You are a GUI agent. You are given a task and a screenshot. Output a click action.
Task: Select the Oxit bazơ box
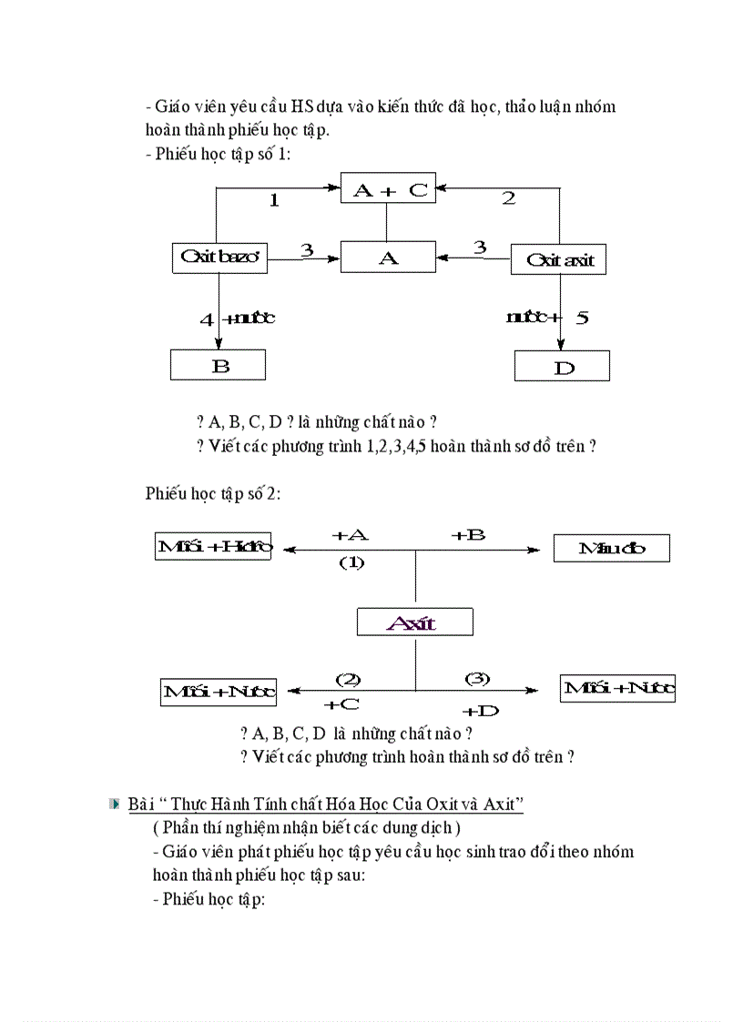220,258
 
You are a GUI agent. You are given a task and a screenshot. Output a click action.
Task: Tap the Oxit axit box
559,259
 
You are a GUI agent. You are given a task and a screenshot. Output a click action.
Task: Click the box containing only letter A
388,258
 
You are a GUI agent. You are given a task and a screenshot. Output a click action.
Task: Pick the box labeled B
219,366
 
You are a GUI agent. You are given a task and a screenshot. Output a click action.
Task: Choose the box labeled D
562,367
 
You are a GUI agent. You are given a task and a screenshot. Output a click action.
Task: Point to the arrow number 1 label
274,200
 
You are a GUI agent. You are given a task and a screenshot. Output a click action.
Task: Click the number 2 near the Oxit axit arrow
509,197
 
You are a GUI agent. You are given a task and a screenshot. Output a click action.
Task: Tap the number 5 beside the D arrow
583,318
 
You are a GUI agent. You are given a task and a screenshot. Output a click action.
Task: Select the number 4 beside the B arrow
208,319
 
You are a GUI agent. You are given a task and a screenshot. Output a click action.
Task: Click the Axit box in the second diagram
414,622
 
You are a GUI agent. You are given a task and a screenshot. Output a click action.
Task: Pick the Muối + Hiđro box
213,546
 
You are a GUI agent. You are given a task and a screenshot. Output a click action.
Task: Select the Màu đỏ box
612,548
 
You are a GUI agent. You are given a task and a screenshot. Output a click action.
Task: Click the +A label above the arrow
351,536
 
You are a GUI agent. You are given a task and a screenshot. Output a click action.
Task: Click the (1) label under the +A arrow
351,562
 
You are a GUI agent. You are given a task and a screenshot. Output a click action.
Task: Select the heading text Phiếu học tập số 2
213,494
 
